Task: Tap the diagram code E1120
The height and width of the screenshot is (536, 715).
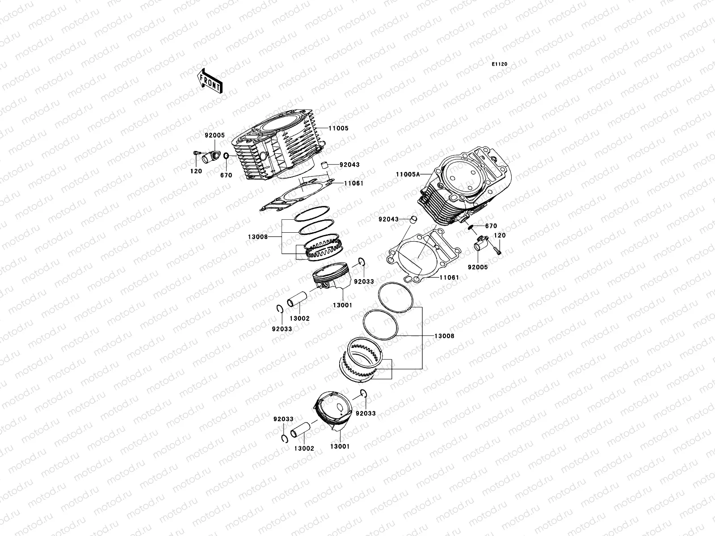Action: [x=500, y=64]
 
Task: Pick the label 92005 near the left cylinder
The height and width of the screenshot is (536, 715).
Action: [x=215, y=135]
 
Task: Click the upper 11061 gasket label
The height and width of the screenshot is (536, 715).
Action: [x=354, y=183]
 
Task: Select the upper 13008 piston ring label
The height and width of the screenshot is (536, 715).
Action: [x=257, y=237]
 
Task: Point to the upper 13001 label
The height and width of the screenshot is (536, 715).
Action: [x=342, y=306]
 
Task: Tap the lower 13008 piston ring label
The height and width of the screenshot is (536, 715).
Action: [x=444, y=336]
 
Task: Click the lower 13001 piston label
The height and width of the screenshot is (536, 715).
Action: [x=340, y=446]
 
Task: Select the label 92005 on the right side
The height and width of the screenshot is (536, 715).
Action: [x=478, y=267]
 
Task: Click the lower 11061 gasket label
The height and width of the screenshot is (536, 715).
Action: [x=448, y=277]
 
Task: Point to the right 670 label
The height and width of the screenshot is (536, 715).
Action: [x=491, y=226]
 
